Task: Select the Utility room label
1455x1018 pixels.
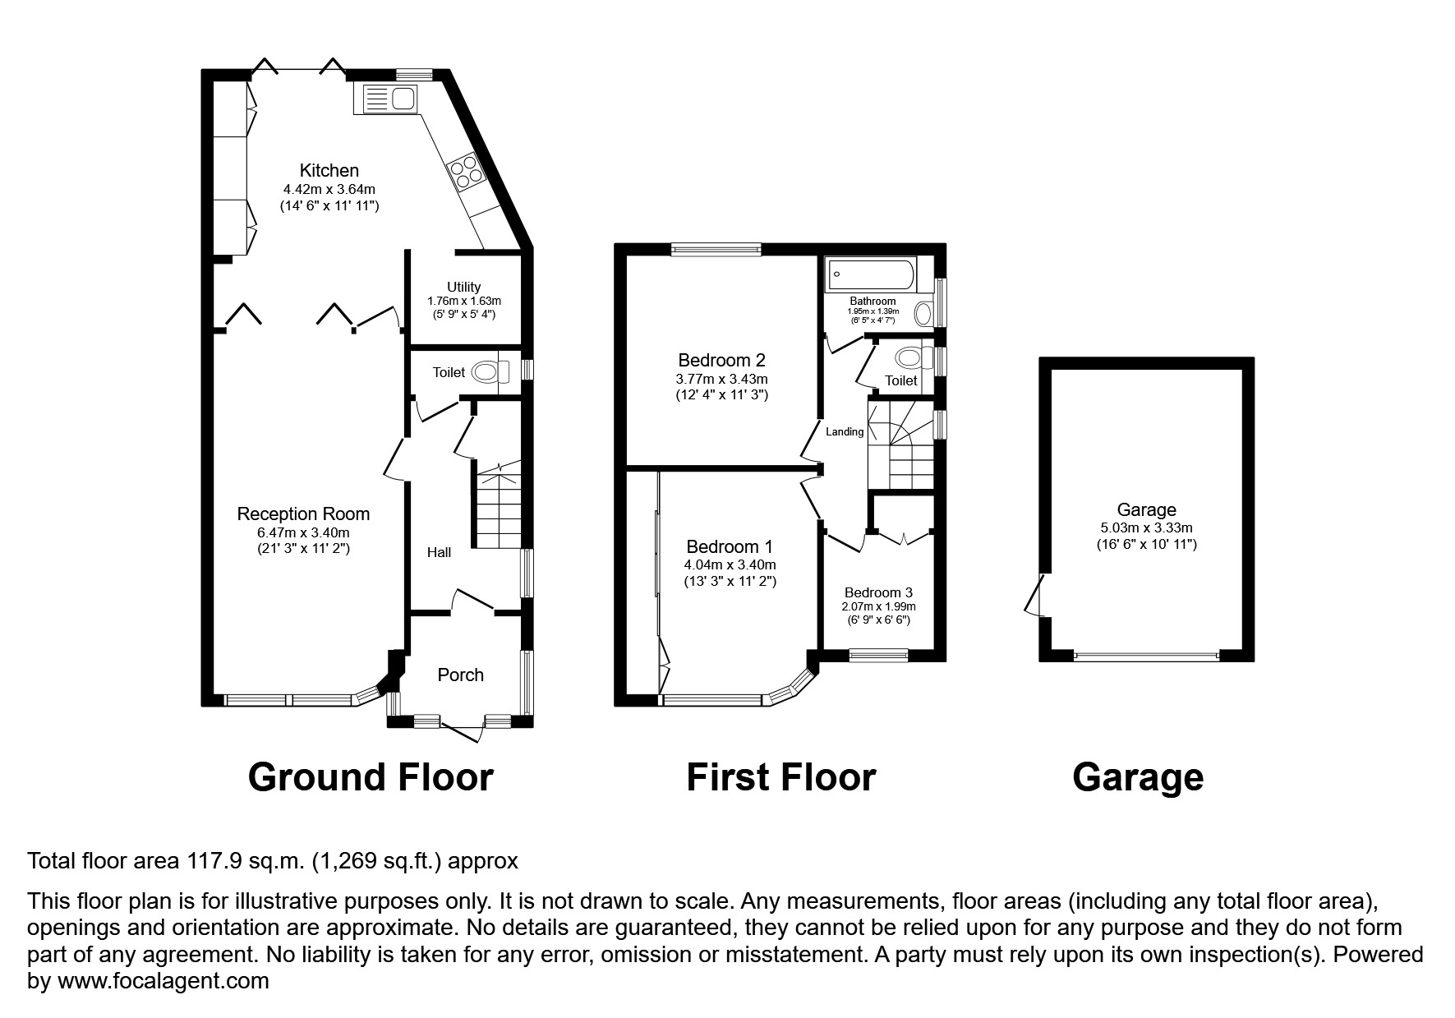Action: click(x=463, y=287)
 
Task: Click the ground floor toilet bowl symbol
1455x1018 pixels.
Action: click(x=488, y=372)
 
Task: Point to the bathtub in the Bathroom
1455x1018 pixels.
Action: click(x=871, y=274)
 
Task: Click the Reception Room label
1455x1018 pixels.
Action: click(x=303, y=514)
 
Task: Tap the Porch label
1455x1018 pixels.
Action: click(x=460, y=675)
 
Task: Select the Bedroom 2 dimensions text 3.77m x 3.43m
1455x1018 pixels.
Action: click(x=721, y=379)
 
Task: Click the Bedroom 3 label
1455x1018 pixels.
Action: click(x=878, y=592)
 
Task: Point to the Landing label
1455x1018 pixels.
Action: click(x=844, y=431)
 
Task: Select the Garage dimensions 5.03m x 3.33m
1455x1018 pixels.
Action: click(x=1146, y=528)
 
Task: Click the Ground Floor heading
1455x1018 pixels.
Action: click(x=371, y=776)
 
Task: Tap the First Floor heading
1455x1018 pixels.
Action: click(x=780, y=776)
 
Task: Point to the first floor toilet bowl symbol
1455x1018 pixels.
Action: click(x=908, y=357)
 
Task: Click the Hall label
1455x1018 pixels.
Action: click(x=439, y=552)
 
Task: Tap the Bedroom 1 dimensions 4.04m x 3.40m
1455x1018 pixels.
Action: click(x=730, y=564)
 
